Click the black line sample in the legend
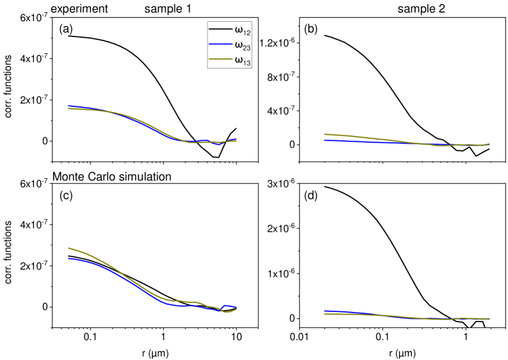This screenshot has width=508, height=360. (220, 29)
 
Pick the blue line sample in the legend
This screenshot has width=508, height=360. (220, 45)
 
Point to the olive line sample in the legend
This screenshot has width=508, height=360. (220, 60)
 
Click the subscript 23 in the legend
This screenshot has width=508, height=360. (246, 47)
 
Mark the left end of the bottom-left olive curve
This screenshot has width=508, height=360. (69, 248)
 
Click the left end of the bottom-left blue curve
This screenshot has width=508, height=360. (69, 258)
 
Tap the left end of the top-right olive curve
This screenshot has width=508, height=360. (324, 134)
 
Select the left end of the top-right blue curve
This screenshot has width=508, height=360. (324, 140)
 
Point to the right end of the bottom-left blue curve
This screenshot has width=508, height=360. (236, 307)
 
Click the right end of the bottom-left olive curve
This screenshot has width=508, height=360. (236, 309)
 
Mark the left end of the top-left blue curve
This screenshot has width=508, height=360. (69, 106)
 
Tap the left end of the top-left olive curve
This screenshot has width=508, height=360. (69, 109)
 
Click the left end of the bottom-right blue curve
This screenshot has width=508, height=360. (324, 311)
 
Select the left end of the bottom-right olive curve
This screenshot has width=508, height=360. (324, 314)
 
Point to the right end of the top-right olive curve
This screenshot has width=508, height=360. (489, 143)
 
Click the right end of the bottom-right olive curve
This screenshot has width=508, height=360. (489, 318)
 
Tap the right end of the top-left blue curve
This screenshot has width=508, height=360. (236, 139)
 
